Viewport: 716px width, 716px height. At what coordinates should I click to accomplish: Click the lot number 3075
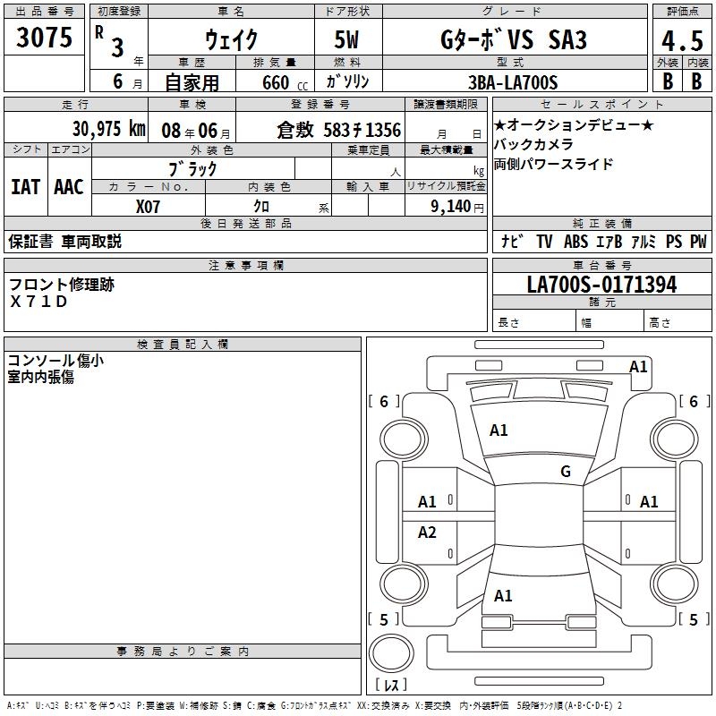(x=45, y=38)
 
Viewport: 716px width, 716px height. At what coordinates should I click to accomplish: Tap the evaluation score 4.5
(x=681, y=41)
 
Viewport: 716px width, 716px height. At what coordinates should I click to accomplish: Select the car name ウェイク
(x=231, y=40)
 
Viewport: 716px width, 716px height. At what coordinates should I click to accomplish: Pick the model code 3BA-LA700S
(x=512, y=82)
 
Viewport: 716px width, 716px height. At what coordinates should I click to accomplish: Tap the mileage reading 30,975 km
(x=108, y=130)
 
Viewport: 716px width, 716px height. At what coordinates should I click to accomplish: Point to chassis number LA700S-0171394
(x=601, y=286)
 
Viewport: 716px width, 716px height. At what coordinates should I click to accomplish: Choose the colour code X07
(x=149, y=206)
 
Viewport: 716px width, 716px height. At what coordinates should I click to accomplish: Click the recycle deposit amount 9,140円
(x=456, y=206)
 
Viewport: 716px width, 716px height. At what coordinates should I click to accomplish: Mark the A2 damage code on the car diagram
(x=428, y=533)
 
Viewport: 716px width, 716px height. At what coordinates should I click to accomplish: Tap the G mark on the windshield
(x=566, y=472)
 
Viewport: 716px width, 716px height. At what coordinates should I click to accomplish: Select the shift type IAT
(x=25, y=187)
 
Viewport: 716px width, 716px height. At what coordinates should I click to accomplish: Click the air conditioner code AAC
(x=68, y=187)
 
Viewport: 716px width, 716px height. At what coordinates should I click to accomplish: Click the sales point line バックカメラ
(x=533, y=144)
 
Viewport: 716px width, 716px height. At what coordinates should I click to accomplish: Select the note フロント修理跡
(x=62, y=284)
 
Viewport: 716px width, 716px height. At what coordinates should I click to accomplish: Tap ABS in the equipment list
(x=575, y=242)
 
